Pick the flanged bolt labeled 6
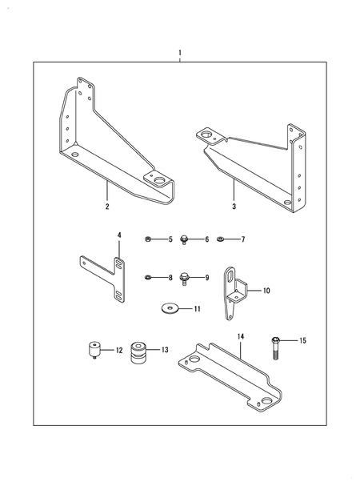coord(186,239)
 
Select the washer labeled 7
coord(221,239)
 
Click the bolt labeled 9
coord(186,277)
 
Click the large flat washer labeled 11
coord(170,307)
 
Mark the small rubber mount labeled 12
coord(94,350)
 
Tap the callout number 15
coord(302,341)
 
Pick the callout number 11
coord(197,307)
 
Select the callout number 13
coord(165,350)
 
